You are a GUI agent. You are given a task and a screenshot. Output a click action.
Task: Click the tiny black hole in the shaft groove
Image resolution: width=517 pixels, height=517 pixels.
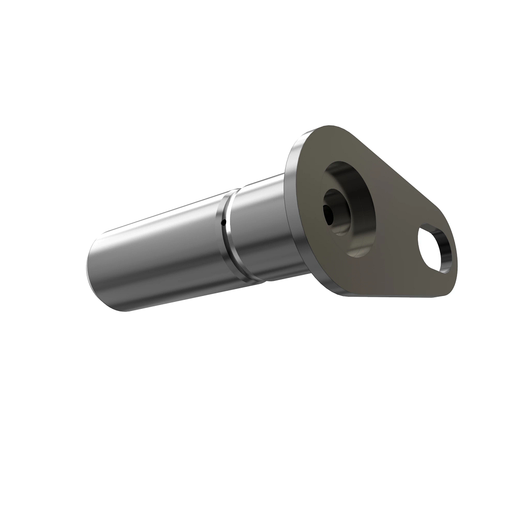pyautogui.click(x=223, y=222)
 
